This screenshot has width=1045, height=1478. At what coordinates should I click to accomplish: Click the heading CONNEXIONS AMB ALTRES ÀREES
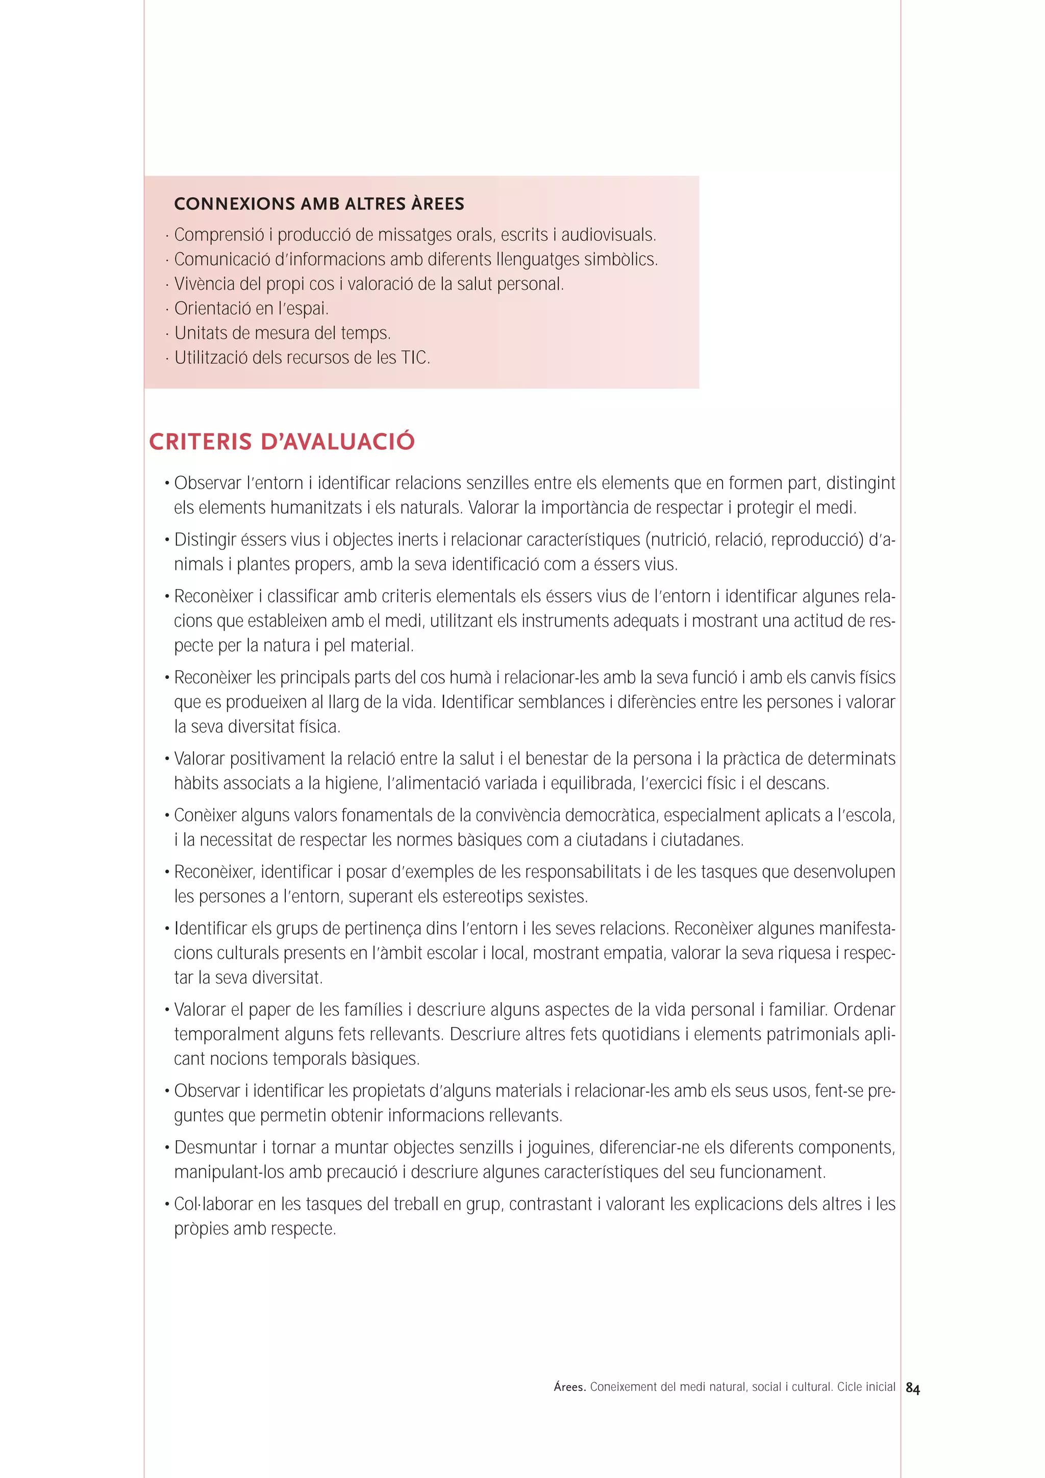319,204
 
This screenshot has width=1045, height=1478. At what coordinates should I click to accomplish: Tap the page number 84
912,1389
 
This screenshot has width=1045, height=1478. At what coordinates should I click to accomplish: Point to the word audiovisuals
608,235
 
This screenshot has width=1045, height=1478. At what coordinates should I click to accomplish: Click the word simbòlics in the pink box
620,260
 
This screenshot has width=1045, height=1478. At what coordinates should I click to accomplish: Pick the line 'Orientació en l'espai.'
251,309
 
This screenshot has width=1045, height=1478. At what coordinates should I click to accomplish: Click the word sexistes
558,897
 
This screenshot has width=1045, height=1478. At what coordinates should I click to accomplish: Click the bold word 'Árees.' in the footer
569,1387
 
